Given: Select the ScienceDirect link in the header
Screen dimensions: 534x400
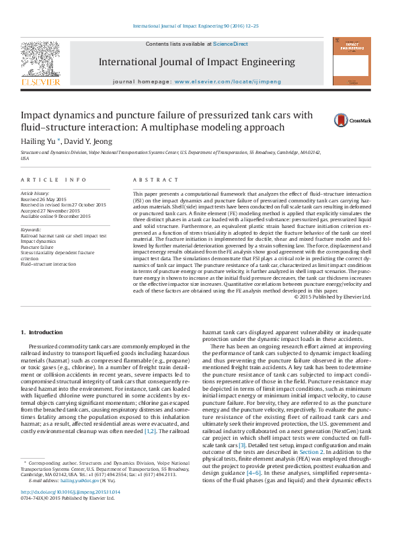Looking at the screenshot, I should (230, 44).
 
